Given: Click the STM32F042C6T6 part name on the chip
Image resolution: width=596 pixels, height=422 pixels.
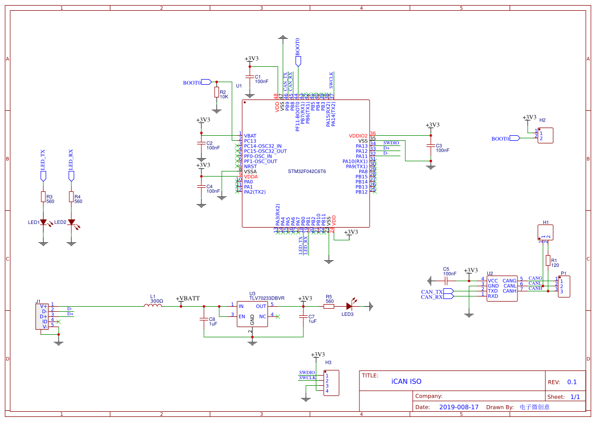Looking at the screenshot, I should (x=306, y=171).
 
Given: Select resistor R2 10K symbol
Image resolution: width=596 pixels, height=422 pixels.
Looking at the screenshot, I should (x=216, y=92).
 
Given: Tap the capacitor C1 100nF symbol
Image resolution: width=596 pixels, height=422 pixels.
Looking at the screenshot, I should (x=250, y=77).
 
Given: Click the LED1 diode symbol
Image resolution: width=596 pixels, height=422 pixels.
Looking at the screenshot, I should (x=43, y=222).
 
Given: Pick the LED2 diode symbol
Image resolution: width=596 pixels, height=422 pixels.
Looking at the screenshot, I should (x=71, y=222).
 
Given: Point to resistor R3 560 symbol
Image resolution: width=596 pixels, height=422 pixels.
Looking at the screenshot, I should (x=43, y=197).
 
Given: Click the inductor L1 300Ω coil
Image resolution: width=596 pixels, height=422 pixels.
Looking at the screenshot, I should (x=153, y=306).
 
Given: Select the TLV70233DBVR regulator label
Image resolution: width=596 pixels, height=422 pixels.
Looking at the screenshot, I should (x=267, y=298).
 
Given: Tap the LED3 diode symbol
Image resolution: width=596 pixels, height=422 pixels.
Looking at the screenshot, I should (x=350, y=306).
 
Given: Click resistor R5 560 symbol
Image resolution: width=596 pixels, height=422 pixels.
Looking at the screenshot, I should (x=329, y=306).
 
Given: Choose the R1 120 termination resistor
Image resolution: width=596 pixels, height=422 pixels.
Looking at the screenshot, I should (x=548, y=261).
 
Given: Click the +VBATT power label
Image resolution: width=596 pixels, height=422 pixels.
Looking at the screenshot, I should (x=188, y=299).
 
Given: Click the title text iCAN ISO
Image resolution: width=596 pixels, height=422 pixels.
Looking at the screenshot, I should (x=406, y=381).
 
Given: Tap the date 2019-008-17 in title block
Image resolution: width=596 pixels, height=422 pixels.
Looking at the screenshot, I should (x=459, y=407).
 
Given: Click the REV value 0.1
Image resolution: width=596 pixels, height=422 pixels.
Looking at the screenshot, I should (x=572, y=382).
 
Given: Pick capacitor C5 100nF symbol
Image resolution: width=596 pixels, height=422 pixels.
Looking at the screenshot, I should (x=446, y=281).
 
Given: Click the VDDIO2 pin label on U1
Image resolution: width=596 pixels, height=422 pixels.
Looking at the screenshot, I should (x=358, y=136).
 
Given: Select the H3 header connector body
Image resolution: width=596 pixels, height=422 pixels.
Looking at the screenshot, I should (x=331, y=383).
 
